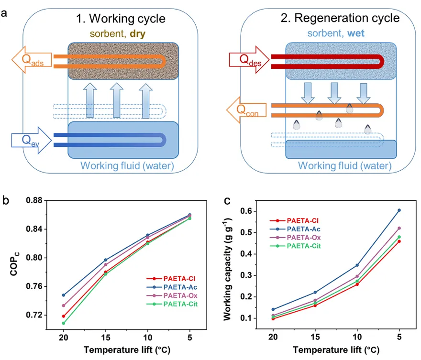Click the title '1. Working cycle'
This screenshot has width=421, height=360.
[x=121, y=19]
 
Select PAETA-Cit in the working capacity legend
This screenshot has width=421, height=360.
[x=303, y=246]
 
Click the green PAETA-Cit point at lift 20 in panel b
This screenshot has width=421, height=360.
[x=63, y=323]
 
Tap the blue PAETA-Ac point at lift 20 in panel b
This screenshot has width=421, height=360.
[x=63, y=295]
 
